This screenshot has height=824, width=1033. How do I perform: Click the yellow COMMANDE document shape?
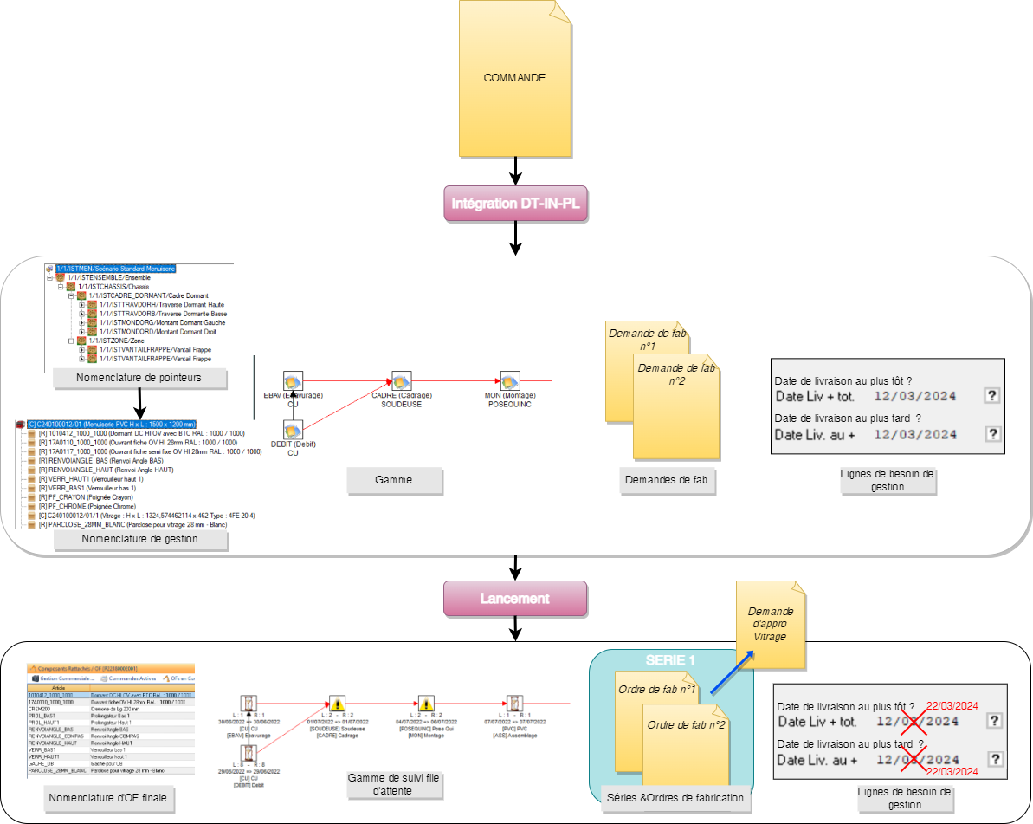point(514,78)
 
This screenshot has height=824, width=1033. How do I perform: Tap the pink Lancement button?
point(514,598)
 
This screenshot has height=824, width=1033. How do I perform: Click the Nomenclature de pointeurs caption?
point(139,378)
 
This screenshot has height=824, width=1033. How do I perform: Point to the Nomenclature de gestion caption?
point(139,539)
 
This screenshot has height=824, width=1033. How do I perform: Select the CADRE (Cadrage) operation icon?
point(401,380)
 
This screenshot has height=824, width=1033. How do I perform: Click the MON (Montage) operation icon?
point(510,380)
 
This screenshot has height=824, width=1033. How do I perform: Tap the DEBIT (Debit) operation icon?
point(294,430)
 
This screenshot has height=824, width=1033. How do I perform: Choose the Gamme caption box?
point(394,479)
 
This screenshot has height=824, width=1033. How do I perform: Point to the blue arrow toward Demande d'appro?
point(731,674)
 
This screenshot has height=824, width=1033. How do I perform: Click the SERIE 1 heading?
point(670,660)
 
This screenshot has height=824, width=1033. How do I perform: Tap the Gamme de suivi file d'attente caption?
point(393,784)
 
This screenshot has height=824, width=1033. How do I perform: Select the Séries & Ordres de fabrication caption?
point(672,798)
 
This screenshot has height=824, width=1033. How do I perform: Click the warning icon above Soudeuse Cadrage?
point(338,704)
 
